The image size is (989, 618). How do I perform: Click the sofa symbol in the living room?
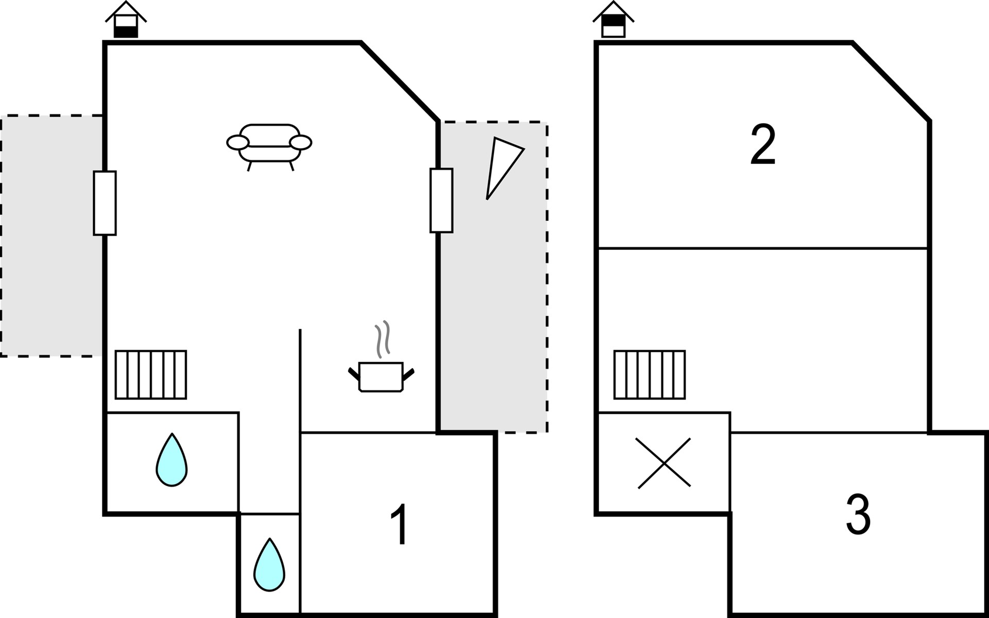269,143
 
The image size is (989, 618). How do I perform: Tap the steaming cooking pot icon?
381,376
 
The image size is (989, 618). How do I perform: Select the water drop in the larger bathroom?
172,460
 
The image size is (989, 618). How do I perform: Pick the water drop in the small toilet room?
269,565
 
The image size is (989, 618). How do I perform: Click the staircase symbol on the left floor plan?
151,374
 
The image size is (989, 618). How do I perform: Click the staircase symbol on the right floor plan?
650,374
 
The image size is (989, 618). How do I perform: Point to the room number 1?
400,524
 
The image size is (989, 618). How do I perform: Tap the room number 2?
763,145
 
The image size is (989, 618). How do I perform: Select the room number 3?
858,515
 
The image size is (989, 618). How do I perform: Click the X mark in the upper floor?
663,463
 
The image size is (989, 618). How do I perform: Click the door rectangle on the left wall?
105,203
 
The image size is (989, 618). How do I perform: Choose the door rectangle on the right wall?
441,200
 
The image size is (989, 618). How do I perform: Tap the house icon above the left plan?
126,21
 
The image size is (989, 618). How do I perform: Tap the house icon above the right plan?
613,21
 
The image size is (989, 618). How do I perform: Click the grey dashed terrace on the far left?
52,236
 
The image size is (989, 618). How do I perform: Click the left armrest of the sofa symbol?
238,143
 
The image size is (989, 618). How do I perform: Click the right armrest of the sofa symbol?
301,142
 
